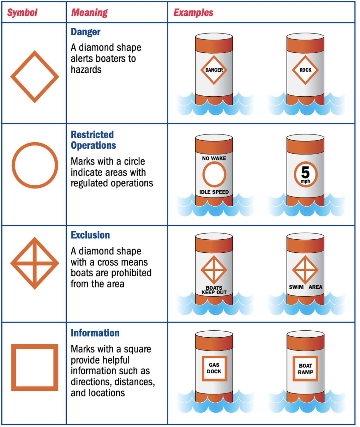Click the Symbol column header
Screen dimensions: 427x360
click(x=22, y=13)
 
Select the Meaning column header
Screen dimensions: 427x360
click(x=89, y=13)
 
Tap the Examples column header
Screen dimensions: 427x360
click(x=193, y=13)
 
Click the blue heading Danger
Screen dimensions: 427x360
click(x=86, y=32)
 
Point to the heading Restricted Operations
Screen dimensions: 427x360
click(x=93, y=140)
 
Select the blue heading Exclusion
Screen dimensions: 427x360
click(x=90, y=235)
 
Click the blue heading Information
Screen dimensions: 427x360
click(x=95, y=333)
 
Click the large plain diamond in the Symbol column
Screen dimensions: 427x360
click(x=35, y=77)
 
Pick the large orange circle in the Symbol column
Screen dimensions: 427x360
click(x=35, y=165)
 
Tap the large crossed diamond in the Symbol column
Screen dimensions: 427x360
click(x=35, y=263)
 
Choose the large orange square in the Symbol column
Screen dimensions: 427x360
click(x=35, y=368)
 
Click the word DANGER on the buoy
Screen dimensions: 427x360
click(x=214, y=70)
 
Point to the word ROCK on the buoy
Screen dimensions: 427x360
click(x=305, y=70)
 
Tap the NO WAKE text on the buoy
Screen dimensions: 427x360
click(x=214, y=158)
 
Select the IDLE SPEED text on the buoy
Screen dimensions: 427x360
click(x=214, y=192)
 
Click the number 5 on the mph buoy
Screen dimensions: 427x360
click(x=305, y=172)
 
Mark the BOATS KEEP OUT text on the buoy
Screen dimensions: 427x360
click(x=214, y=290)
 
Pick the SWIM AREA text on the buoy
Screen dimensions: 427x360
click(x=305, y=287)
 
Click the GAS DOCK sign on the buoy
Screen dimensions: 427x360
click(x=214, y=368)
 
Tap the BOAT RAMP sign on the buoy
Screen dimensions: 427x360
click(x=305, y=369)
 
